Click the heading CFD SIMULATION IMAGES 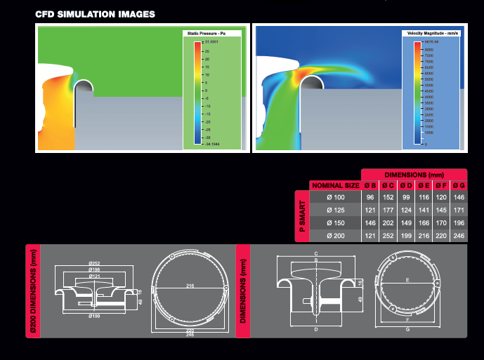[x=95, y=14]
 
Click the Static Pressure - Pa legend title [x=211, y=34]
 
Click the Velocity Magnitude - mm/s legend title [x=433, y=34]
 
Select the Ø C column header [x=387, y=185]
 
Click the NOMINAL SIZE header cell [x=335, y=185]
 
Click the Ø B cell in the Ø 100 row [x=369, y=198]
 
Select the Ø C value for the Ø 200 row [x=387, y=236]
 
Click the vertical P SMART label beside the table [x=301, y=216]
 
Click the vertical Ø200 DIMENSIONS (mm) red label [x=32, y=291]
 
